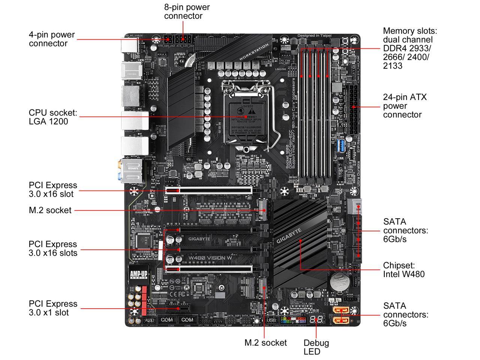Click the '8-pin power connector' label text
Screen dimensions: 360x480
187,12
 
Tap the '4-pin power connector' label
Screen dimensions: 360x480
52,39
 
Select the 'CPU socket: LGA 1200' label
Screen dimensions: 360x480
53,117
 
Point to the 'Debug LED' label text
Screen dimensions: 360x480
316,347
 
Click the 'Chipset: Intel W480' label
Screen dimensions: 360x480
403,270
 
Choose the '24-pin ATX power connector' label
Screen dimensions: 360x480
405,106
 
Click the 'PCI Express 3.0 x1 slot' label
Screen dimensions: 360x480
53,308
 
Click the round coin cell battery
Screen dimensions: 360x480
340,284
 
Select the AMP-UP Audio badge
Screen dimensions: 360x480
138,274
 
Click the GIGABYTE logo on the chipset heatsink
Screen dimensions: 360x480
289,236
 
